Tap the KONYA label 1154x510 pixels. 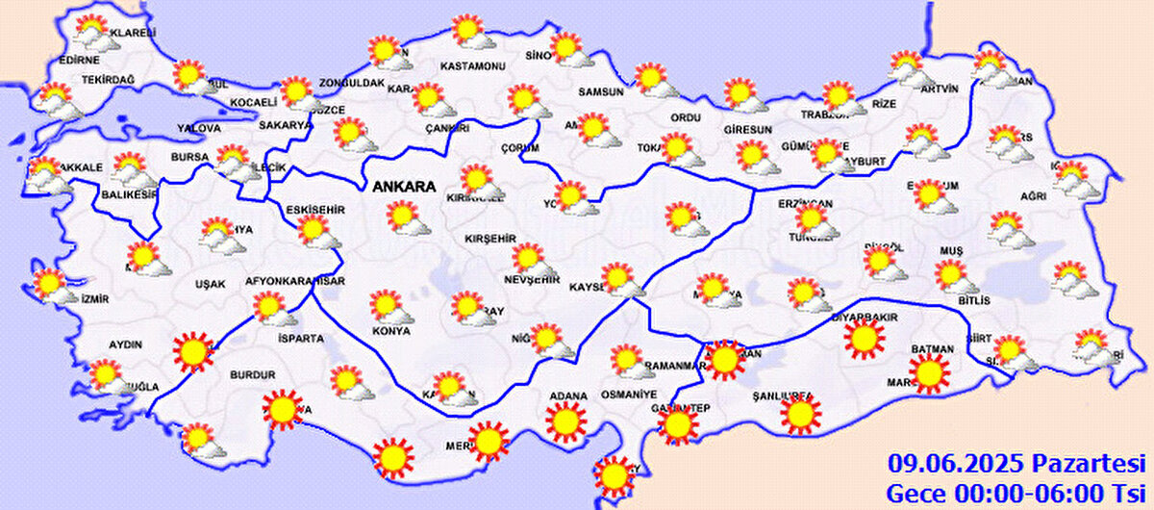tap(390, 331)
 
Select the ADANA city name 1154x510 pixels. tap(567, 395)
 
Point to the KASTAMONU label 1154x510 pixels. tap(472, 66)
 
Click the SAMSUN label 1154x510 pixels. tap(601, 92)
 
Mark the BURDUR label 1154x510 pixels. tap(253, 374)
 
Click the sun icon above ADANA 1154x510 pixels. tap(565, 421)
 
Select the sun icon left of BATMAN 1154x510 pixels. tap(929, 373)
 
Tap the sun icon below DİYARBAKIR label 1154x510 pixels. tap(864, 339)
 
